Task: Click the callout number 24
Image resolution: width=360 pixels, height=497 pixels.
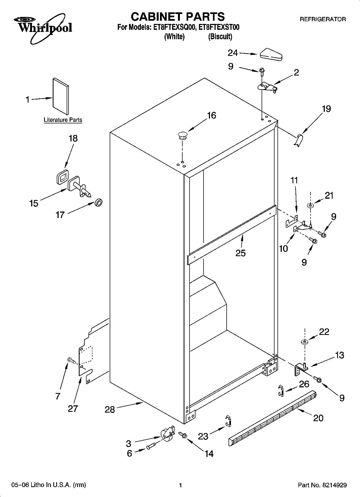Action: click(x=233, y=53)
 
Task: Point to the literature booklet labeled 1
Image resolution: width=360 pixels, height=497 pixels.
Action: click(x=61, y=96)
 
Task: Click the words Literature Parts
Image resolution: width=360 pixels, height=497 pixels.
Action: click(x=63, y=120)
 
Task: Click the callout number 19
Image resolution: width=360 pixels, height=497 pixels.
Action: click(x=326, y=109)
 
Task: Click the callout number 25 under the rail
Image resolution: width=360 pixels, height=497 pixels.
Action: click(x=240, y=253)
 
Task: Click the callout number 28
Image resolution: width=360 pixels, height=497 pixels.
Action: click(x=110, y=409)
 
